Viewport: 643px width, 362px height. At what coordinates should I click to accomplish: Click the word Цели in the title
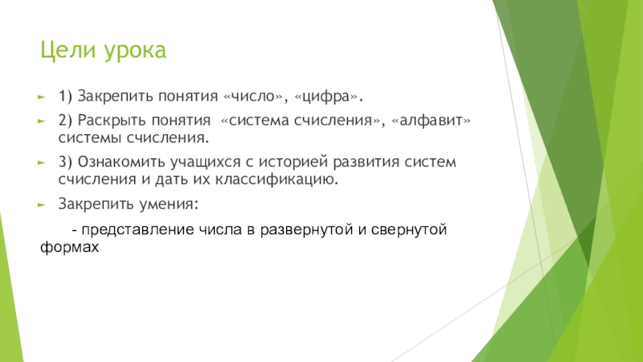pyautogui.click(x=68, y=51)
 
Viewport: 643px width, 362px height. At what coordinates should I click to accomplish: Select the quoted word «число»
pyautogui.click(x=253, y=96)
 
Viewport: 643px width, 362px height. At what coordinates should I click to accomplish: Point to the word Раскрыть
pyautogui.click(x=112, y=121)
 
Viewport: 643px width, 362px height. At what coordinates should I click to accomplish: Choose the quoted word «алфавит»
pyautogui.click(x=431, y=120)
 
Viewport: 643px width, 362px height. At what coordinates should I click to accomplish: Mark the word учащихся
pyautogui.click(x=206, y=162)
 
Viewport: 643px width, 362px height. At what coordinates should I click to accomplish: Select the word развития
pyautogui.click(x=366, y=162)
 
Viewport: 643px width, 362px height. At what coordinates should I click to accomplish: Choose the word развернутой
pyautogui.click(x=306, y=230)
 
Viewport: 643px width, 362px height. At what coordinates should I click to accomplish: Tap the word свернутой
pyautogui.click(x=408, y=229)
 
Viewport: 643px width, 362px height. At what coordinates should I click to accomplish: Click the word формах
pyautogui.click(x=69, y=247)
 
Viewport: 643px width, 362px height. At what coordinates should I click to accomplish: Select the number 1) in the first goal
pyautogui.click(x=65, y=97)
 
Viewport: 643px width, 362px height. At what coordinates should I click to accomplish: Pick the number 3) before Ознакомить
pyautogui.click(x=65, y=162)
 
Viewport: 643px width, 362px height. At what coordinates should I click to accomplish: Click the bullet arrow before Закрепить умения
pyautogui.click(x=41, y=204)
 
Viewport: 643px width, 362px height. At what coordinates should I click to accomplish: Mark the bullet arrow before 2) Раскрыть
pyautogui.click(x=41, y=121)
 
